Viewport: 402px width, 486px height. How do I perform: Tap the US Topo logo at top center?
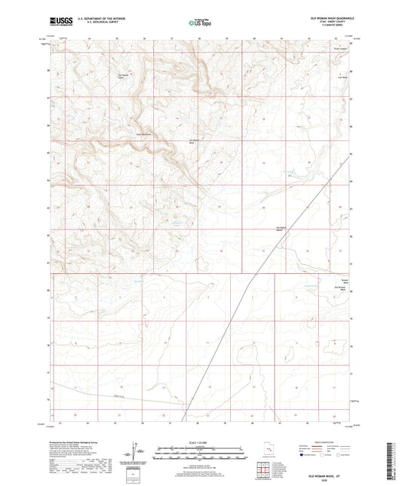(x=200, y=23)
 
